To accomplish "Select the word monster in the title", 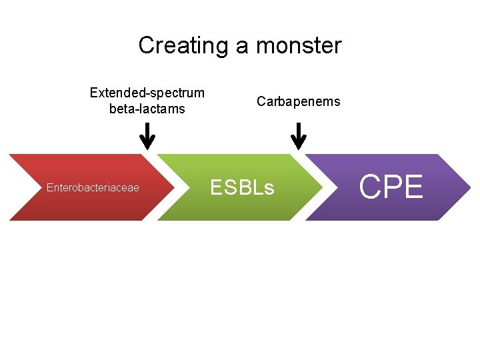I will (299, 46).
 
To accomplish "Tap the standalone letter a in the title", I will (242, 47).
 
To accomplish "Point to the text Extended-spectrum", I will (147, 93).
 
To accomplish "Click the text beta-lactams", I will (147, 109).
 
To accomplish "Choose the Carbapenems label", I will (299, 101).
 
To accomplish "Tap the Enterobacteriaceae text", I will (93, 188).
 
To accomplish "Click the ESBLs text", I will (242, 188).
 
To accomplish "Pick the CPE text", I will (391, 187).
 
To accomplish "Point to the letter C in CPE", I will (371, 187).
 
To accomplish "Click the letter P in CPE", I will (393, 187).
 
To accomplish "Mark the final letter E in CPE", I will (413, 187).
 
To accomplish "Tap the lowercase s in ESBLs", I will (269, 189).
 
